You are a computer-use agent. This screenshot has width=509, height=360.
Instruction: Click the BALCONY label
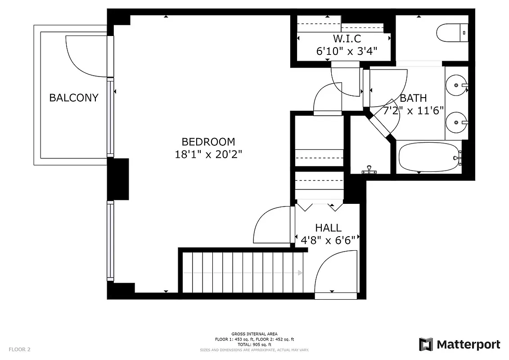point(73,98)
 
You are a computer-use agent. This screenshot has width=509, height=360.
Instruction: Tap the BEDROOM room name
point(208,142)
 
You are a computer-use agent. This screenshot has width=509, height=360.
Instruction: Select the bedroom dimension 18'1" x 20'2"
point(208,154)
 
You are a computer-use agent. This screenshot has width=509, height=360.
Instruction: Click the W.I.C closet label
point(347,39)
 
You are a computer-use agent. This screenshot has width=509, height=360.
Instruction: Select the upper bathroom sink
point(456,85)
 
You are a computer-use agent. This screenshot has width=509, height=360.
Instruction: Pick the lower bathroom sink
point(456,122)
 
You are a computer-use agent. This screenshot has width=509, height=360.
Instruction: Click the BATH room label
point(413,98)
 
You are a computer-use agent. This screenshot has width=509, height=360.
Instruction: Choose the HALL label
point(328,228)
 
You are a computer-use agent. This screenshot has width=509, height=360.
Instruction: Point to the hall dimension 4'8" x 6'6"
point(328,239)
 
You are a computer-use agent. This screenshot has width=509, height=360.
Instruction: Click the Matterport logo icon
point(426,345)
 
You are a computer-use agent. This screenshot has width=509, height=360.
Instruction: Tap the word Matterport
point(468,345)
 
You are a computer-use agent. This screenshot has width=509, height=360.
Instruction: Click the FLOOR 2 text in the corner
point(19,349)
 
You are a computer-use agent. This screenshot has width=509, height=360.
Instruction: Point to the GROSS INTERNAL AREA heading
point(254,334)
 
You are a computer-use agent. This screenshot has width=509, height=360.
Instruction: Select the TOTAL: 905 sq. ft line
point(254,344)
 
